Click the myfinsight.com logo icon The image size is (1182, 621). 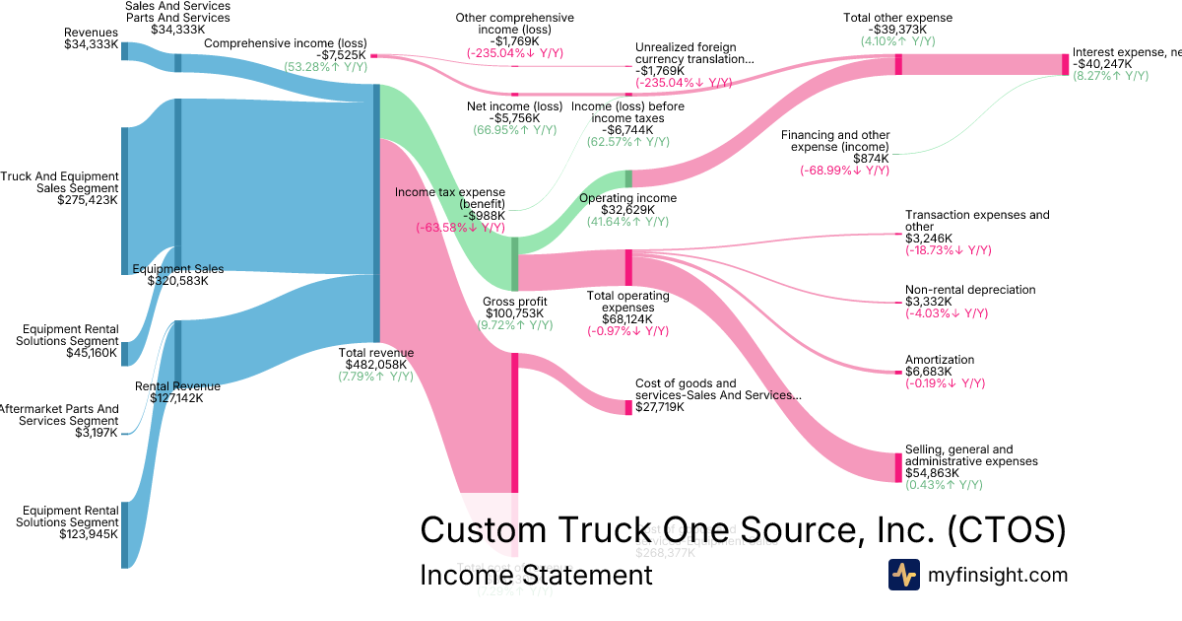pyautogui.click(x=903, y=575)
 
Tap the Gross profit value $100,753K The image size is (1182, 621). pyautogui.click(x=514, y=313)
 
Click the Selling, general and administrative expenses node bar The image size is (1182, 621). pyautogui.click(x=897, y=466)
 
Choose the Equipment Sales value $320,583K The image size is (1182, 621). pyautogui.click(x=178, y=281)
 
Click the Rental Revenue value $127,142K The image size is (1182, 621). pyautogui.click(x=177, y=398)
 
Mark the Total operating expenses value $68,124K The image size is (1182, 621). pyautogui.click(x=628, y=318)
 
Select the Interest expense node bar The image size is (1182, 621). pyautogui.click(x=1065, y=65)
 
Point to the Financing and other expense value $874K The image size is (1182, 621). pyautogui.click(x=872, y=159)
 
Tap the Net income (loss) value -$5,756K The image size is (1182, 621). pyautogui.click(x=514, y=118)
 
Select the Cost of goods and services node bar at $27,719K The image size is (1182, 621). pyautogui.click(x=628, y=407)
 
